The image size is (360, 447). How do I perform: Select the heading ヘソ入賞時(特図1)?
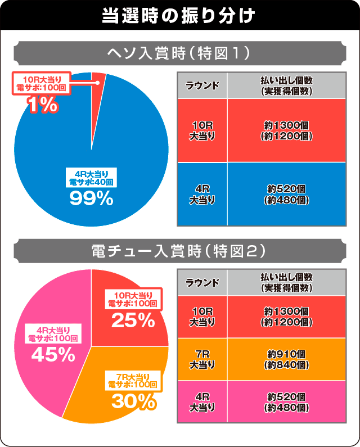pyautogui.click(x=179, y=54)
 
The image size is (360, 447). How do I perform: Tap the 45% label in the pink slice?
pyautogui.click(x=53, y=354)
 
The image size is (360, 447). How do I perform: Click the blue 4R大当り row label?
pyautogui.click(x=202, y=194)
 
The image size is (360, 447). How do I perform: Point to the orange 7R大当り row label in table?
pyautogui.click(x=202, y=359)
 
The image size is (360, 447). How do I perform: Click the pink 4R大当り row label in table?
pyautogui.click(x=202, y=401)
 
